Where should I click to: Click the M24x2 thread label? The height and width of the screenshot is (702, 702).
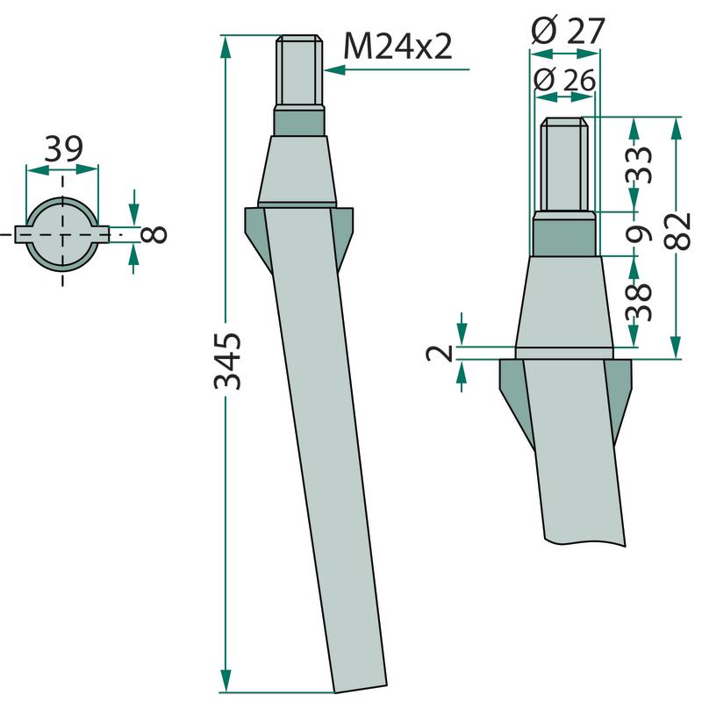[x=398, y=47]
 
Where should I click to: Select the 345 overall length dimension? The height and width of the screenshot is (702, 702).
[x=227, y=361]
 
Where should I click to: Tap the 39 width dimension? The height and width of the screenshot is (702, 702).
[x=63, y=149]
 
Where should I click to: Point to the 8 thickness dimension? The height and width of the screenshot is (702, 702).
[x=154, y=234]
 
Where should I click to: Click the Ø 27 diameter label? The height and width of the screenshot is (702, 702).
[x=568, y=31]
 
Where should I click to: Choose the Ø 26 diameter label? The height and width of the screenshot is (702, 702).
[x=564, y=81]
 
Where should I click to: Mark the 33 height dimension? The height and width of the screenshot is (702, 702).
[x=639, y=164]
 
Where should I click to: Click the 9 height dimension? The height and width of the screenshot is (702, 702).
[x=639, y=233]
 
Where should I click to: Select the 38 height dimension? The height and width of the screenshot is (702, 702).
[x=639, y=301]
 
